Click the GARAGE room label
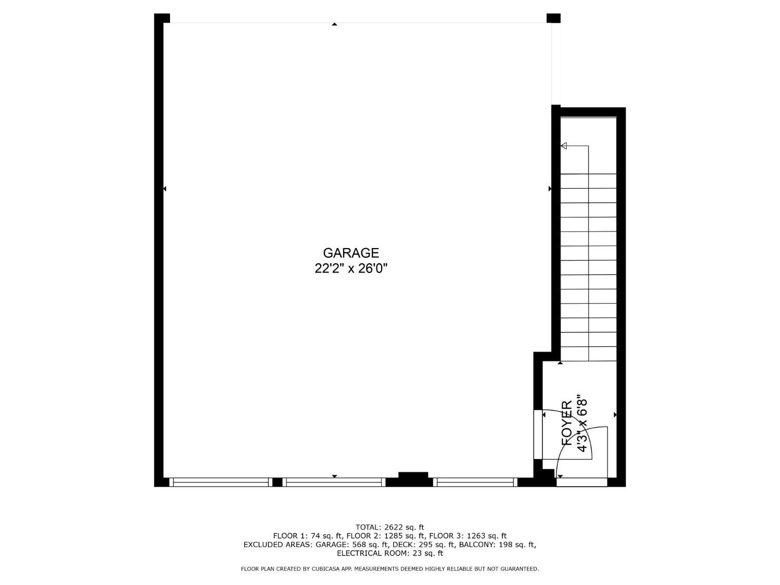pos(350,253)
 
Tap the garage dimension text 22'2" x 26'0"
pos(350,268)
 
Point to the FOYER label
pos(566,423)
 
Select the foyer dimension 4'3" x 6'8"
pos(581,423)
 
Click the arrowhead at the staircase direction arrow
pos(564,146)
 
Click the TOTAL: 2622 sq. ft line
pos(390,527)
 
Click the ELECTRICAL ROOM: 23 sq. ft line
pos(390,553)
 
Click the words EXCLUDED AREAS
pos(278,544)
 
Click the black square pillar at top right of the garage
pos(553,18)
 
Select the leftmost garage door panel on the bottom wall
pos(220,482)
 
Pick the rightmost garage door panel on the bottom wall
pos(475,482)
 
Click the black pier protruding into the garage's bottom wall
pos(413,475)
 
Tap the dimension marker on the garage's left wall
pos(164,189)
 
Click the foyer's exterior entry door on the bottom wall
pos(582,482)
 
